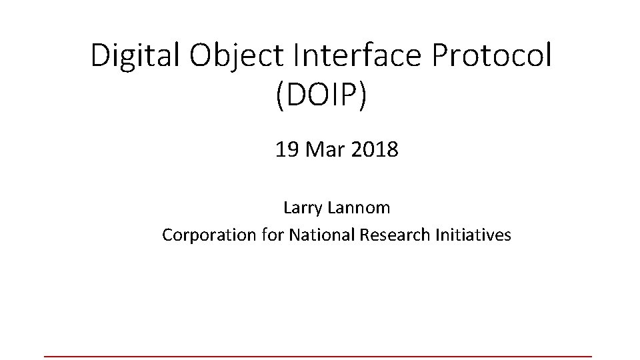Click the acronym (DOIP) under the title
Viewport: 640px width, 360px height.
click(x=321, y=96)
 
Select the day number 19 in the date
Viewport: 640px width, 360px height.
click(x=287, y=150)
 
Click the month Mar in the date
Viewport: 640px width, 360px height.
click(x=323, y=150)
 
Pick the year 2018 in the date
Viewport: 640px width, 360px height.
click(x=374, y=150)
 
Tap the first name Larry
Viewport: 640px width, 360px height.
click(x=303, y=207)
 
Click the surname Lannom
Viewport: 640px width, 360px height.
click(x=359, y=207)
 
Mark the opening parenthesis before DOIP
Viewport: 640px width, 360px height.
click(x=277, y=97)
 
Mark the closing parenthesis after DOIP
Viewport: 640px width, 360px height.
click(x=363, y=97)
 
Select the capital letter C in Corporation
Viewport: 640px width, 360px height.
click(x=167, y=235)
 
